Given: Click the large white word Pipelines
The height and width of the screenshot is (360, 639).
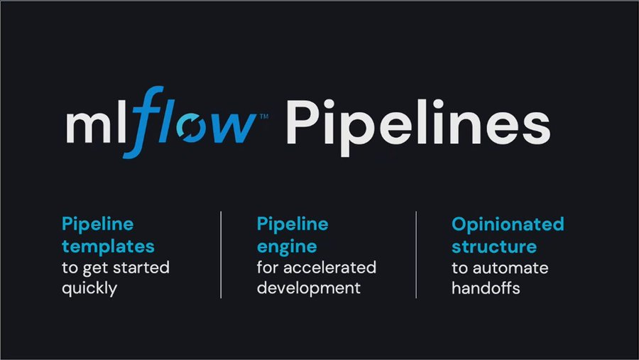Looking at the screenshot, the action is pyautogui.click(x=418, y=124).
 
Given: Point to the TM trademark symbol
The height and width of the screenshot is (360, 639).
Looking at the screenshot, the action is pyautogui.click(x=264, y=116).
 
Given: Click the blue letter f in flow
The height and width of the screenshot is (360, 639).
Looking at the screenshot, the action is pyautogui.click(x=143, y=122).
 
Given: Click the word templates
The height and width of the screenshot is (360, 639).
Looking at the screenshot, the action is pyautogui.click(x=108, y=246).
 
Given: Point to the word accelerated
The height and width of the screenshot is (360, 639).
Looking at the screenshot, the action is pyautogui.click(x=329, y=268).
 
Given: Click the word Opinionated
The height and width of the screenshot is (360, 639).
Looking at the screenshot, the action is pyautogui.click(x=508, y=225).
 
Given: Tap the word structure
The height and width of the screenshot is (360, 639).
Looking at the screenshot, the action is pyautogui.click(x=494, y=246).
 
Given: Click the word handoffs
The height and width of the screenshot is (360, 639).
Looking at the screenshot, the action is pyautogui.click(x=486, y=288).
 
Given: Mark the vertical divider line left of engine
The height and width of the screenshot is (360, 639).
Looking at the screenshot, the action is pyautogui.click(x=221, y=255).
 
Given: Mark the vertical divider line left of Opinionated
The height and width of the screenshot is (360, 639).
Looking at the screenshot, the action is pyautogui.click(x=416, y=255).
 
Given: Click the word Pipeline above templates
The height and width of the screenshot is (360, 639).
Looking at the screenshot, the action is pyautogui.click(x=98, y=225).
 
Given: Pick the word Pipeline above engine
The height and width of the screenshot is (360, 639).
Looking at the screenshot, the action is pyautogui.click(x=293, y=225).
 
